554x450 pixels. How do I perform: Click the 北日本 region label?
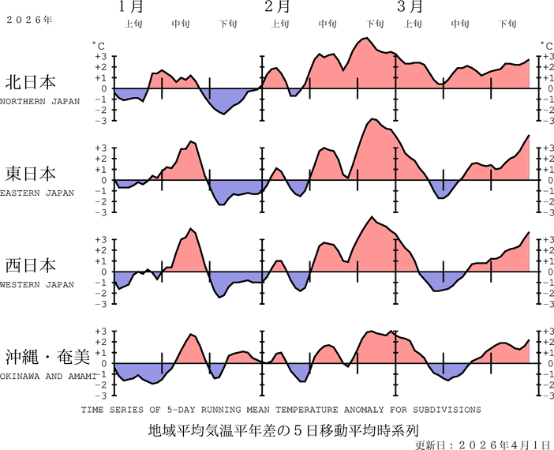click(x=31, y=82)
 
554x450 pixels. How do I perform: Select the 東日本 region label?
click(x=31, y=174)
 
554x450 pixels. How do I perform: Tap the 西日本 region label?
click(x=31, y=264)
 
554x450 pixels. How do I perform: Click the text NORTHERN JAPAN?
click(x=39, y=101)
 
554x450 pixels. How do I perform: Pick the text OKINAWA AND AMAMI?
click(x=48, y=376)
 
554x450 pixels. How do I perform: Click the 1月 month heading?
click(x=132, y=8)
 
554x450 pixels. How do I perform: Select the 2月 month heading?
click(x=276, y=8)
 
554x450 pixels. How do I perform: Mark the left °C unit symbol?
click(x=97, y=46)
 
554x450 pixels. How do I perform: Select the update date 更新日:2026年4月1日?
click(x=482, y=444)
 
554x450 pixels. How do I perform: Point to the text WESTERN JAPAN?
click(x=37, y=284)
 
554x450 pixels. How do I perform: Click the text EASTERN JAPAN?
click(x=37, y=193)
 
